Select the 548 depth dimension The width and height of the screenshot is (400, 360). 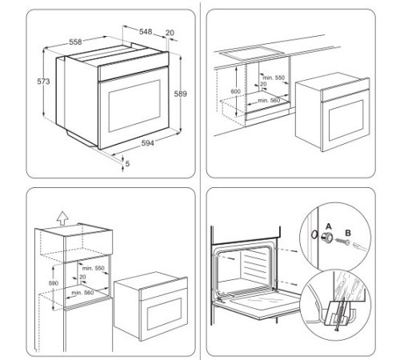(146, 31)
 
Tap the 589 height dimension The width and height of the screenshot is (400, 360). (181, 94)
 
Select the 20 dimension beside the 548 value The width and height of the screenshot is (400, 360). (170, 33)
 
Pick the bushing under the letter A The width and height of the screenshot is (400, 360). (326, 239)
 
